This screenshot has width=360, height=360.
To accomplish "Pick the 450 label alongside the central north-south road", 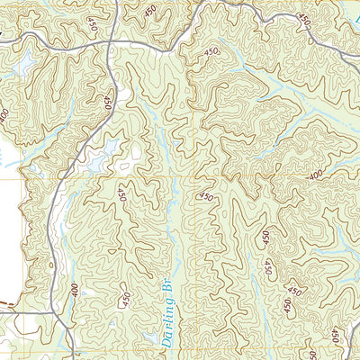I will click(x=109, y=103).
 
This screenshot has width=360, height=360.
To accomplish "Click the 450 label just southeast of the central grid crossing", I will click(x=206, y=197).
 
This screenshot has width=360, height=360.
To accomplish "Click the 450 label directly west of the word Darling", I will click(x=126, y=296).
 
